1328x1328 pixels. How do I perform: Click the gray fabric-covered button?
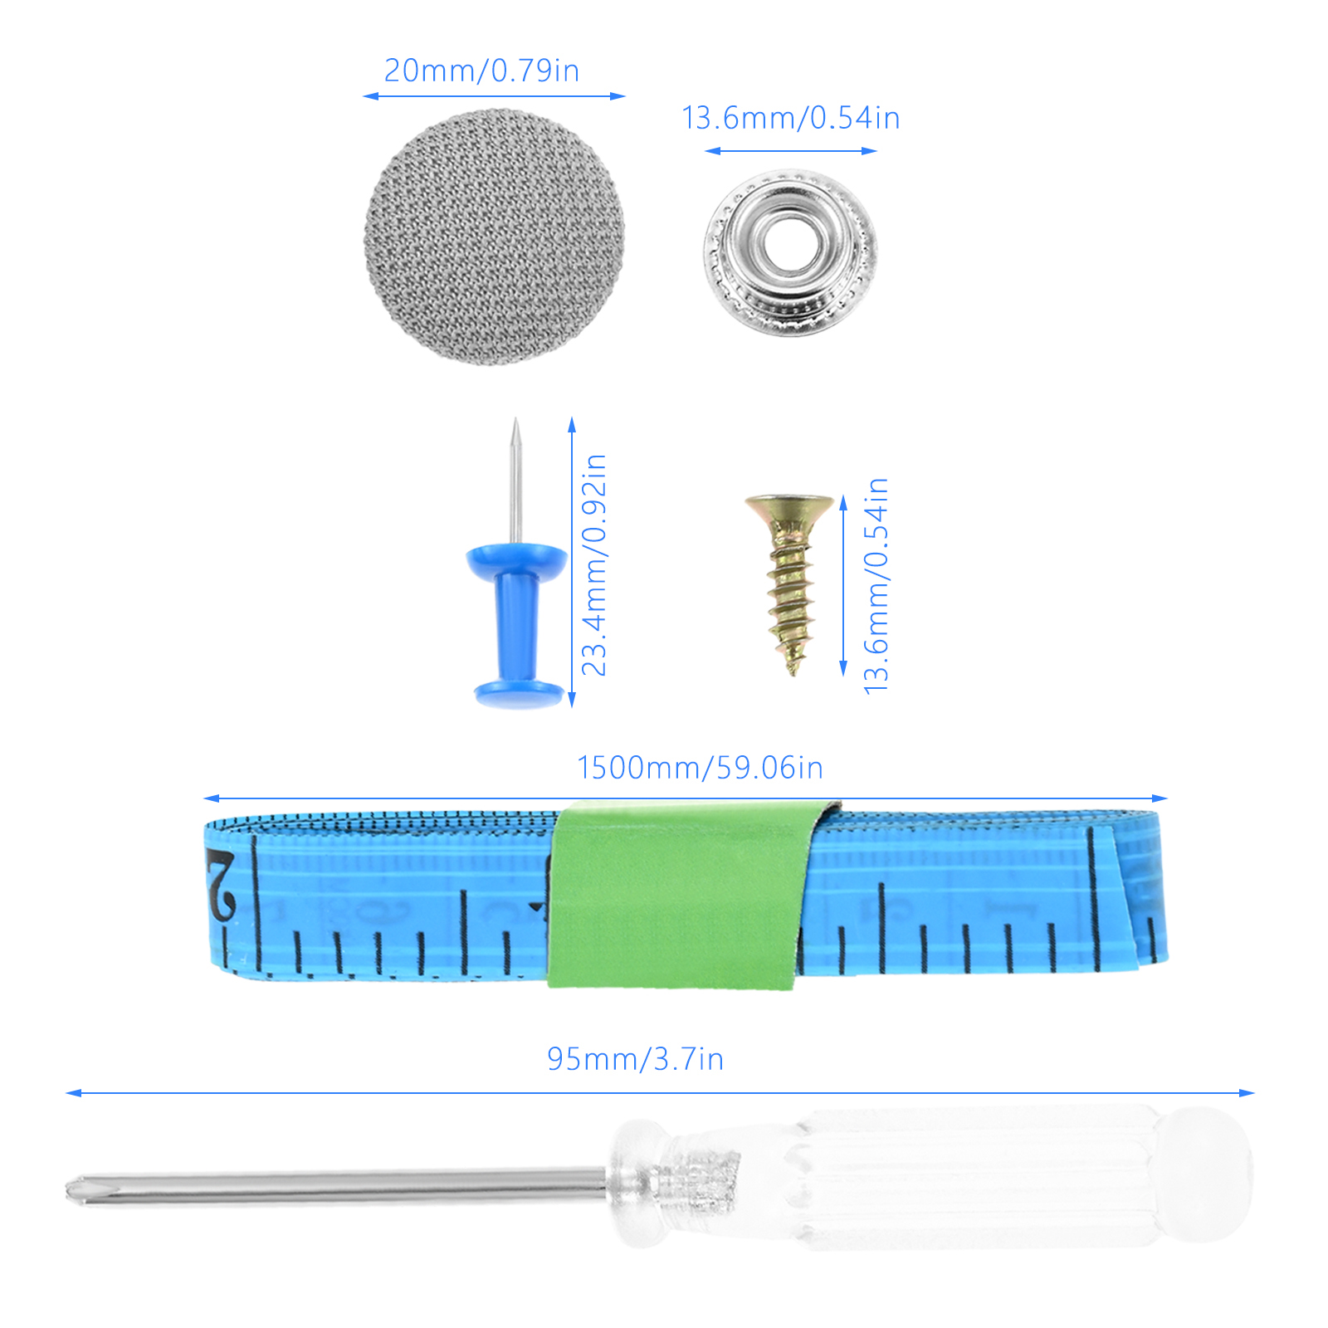(x=494, y=237)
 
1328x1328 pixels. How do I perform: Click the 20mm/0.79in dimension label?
(x=481, y=71)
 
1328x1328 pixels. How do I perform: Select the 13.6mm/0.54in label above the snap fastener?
(x=791, y=118)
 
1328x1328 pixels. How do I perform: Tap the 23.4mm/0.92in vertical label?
(x=594, y=564)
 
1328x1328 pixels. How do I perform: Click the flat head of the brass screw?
(x=789, y=505)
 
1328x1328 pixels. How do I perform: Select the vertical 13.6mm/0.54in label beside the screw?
(x=876, y=585)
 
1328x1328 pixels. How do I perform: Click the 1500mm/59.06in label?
(x=700, y=768)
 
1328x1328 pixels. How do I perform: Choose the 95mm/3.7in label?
(x=635, y=1059)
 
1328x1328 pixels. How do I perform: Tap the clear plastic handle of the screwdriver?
(x=930, y=1179)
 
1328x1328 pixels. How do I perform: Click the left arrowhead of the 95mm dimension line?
(x=73, y=1093)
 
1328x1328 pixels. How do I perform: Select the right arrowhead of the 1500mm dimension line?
(x=1160, y=798)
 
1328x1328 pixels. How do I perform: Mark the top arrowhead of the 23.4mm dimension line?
(x=572, y=424)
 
